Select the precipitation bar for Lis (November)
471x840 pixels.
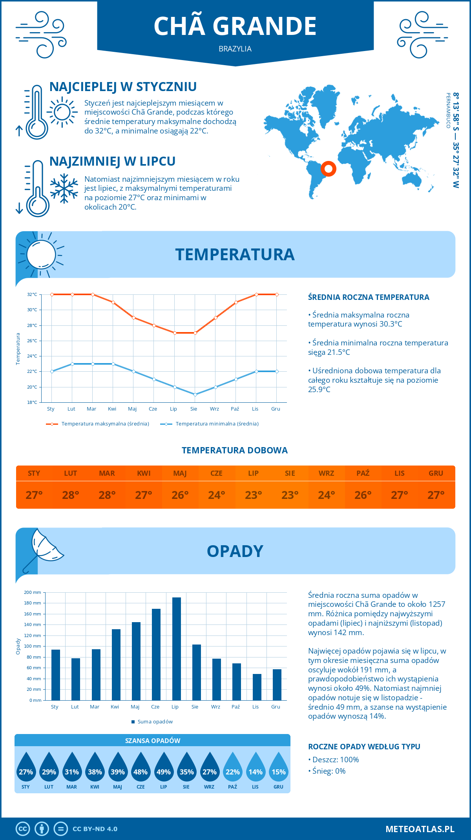(257, 687)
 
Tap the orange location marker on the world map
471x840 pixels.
(329, 169)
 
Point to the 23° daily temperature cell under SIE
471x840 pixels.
(290, 495)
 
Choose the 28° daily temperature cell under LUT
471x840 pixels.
(71, 495)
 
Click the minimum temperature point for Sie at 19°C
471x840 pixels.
(195, 394)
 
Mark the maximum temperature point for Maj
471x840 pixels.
(133, 318)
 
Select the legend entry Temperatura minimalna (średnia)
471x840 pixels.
(210, 424)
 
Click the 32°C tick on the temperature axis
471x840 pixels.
(32, 294)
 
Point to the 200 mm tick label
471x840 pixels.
(33, 592)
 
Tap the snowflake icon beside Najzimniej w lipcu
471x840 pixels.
(64, 188)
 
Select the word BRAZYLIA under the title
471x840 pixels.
(235, 49)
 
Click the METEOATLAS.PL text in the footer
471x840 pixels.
(420, 829)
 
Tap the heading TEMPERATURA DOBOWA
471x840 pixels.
(235, 450)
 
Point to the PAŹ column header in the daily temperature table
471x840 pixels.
(363, 473)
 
